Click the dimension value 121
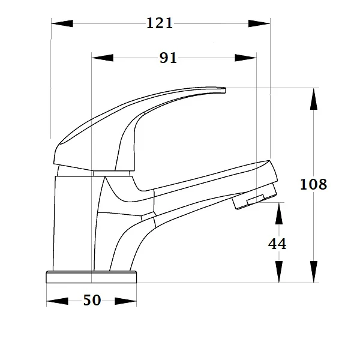click(x=160, y=23)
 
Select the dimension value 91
click(x=169, y=58)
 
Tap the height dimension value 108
click(x=313, y=184)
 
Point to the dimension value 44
click(x=277, y=244)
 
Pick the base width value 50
click(x=92, y=301)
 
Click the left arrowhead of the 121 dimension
click(x=62, y=23)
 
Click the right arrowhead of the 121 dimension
click(x=259, y=23)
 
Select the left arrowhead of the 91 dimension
click(x=102, y=58)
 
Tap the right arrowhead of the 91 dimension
click(x=245, y=58)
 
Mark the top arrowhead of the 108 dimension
click(x=313, y=100)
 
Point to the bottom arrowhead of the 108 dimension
click(x=313, y=271)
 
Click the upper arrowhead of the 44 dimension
click(x=279, y=213)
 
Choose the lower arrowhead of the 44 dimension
click(x=279, y=272)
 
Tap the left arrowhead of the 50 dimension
click(x=58, y=301)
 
